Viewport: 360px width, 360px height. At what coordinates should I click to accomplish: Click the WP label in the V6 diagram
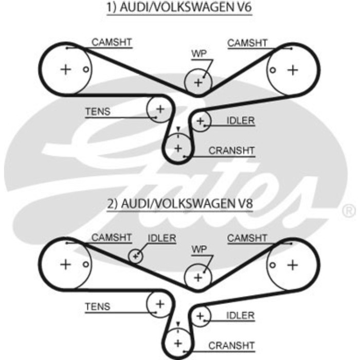(199, 53)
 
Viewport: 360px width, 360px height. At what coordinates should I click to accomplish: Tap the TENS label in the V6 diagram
(98, 112)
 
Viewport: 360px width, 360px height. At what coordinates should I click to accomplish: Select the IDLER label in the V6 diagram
(241, 120)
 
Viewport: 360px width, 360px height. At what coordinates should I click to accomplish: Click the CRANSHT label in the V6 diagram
(231, 151)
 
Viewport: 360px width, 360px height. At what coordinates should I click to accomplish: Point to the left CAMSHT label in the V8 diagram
(112, 238)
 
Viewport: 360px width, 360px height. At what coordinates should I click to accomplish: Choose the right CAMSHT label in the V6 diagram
(247, 43)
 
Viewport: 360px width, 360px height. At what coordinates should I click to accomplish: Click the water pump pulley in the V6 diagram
(198, 82)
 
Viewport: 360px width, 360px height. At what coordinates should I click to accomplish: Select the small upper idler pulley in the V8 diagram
(135, 256)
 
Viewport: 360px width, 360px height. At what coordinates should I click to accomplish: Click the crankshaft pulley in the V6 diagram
(178, 148)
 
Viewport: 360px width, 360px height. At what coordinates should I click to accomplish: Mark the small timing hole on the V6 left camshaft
(86, 69)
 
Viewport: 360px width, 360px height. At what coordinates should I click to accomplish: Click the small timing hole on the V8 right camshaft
(273, 265)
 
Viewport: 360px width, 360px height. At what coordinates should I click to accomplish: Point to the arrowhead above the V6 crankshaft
(178, 129)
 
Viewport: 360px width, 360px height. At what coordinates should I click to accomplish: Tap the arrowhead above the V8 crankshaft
(178, 324)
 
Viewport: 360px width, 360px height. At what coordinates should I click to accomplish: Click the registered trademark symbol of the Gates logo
(349, 210)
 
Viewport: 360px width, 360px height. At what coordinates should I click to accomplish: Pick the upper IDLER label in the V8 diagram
(162, 238)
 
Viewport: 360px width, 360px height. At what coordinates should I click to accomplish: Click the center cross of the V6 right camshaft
(293, 70)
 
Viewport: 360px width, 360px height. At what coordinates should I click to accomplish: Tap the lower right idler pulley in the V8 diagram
(201, 316)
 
